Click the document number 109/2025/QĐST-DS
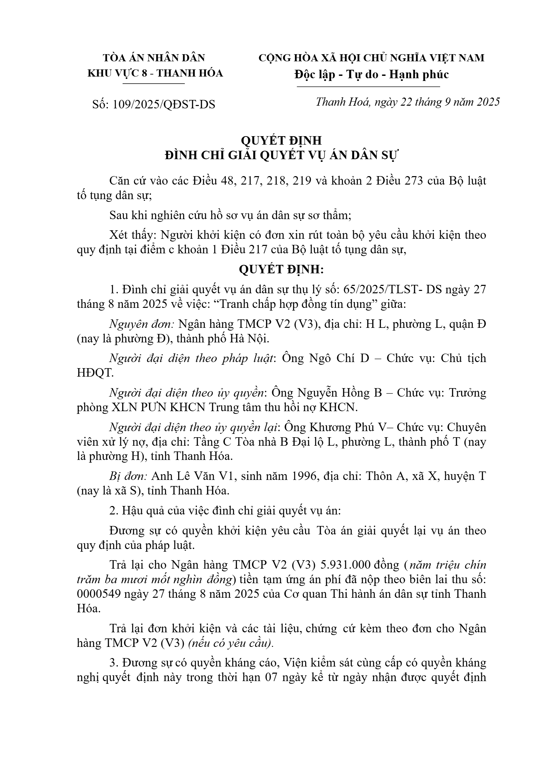(164, 104)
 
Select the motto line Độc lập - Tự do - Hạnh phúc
(371, 74)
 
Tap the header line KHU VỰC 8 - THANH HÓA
(155, 73)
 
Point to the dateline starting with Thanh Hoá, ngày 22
(408, 102)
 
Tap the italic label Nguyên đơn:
(142, 324)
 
